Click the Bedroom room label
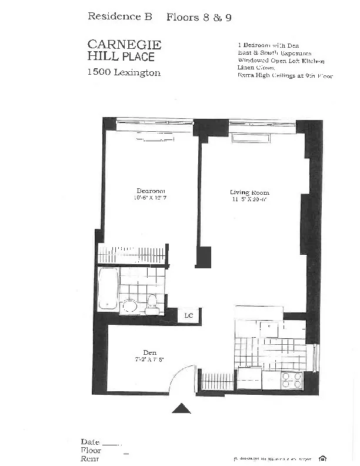tap(151, 191)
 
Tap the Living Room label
tap(249, 192)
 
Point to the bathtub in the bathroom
tap(108, 288)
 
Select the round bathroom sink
tap(130, 305)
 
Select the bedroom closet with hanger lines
tap(132, 255)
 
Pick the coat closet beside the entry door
tap(216, 381)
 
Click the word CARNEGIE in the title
tap(124, 45)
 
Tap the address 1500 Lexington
tap(124, 73)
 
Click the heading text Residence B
tap(119, 16)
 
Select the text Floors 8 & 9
tap(199, 17)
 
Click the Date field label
tap(91, 441)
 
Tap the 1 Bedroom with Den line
tap(270, 45)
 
